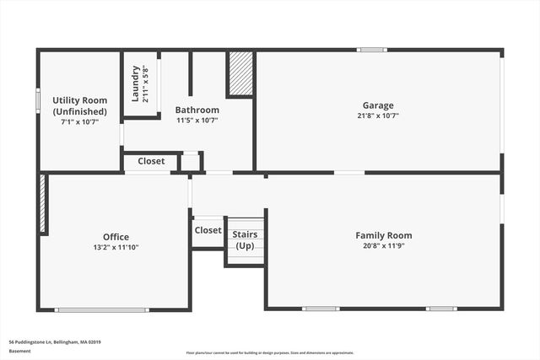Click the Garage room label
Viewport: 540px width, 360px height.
[379, 105]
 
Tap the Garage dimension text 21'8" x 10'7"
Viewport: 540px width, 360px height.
[379, 116]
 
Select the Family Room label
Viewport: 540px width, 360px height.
[383, 235]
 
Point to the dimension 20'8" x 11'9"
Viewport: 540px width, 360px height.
[383, 246]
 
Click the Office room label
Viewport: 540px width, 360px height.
[116, 237]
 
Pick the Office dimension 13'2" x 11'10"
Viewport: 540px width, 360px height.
[116, 248]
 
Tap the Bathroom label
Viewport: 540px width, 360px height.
[197, 110]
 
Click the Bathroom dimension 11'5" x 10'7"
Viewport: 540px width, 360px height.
[197, 121]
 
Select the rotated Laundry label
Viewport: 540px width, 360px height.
[135, 83]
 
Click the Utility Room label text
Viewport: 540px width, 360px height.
[79, 105]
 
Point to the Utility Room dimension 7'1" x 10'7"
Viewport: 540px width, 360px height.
[79, 121]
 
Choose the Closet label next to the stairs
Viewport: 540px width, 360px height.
[208, 230]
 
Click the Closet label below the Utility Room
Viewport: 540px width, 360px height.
[151, 161]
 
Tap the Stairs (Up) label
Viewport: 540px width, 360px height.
[245, 239]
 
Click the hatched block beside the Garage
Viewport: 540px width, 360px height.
[240, 74]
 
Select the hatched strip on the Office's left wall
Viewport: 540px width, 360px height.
[42, 204]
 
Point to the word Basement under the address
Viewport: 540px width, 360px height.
[20, 351]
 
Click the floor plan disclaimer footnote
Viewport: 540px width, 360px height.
[271, 353]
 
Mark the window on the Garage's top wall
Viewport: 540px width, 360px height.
[371, 50]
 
